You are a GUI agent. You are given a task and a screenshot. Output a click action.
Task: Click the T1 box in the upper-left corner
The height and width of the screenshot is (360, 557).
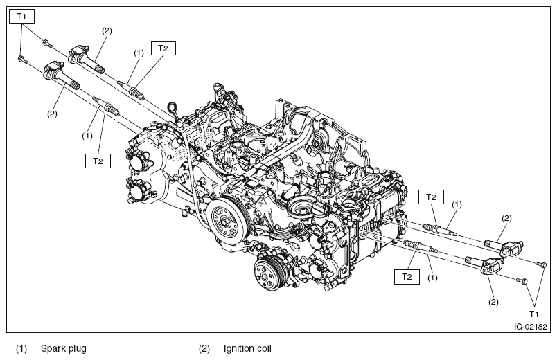click(x=22, y=15)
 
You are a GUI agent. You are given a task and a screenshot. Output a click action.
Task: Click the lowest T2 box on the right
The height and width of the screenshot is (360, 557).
click(x=407, y=276)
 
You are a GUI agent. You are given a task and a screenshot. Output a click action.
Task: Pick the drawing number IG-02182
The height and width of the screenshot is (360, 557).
click(x=531, y=326)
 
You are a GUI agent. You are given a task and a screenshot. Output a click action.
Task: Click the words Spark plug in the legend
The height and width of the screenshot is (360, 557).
click(x=64, y=348)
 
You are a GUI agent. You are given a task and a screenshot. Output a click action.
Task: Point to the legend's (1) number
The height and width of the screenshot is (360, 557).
click(x=21, y=348)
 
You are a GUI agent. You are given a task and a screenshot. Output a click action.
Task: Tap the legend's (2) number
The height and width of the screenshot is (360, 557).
click(x=204, y=348)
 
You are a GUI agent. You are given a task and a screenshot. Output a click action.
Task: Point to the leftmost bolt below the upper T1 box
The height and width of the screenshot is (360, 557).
click(x=22, y=60)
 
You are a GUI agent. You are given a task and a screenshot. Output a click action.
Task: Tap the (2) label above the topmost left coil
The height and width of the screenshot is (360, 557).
click(x=107, y=31)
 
